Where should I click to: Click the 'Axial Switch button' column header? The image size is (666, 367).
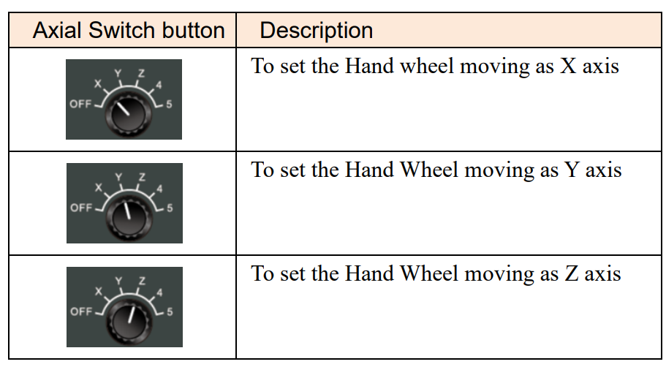click(x=129, y=31)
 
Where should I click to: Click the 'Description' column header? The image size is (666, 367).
click(x=317, y=31)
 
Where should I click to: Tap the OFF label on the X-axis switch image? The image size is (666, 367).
click(x=80, y=104)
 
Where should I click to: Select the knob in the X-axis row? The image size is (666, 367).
click(x=128, y=113)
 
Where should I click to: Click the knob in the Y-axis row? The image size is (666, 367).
click(x=129, y=217)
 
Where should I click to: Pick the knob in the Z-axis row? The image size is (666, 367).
click(x=129, y=321)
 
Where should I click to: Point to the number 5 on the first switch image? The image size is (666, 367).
click(x=169, y=104)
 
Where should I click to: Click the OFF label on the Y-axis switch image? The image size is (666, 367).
click(x=81, y=208)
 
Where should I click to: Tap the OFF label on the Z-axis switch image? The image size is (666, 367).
click(x=81, y=311)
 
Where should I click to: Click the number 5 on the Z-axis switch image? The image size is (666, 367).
click(x=170, y=311)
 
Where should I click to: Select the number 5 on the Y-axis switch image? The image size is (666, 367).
click(x=170, y=208)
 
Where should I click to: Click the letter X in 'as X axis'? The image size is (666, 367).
click(x=568, y=67)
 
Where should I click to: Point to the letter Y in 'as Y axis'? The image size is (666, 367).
click(x=572, y=170)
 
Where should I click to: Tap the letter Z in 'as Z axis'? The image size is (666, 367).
click(x=571, y=273)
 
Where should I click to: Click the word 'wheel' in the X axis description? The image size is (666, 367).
click(x=427, y=67)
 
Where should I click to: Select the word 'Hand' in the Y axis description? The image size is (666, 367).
click(x=369, y=170)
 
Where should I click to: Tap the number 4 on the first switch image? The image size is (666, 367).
click(x=159, y=85)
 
